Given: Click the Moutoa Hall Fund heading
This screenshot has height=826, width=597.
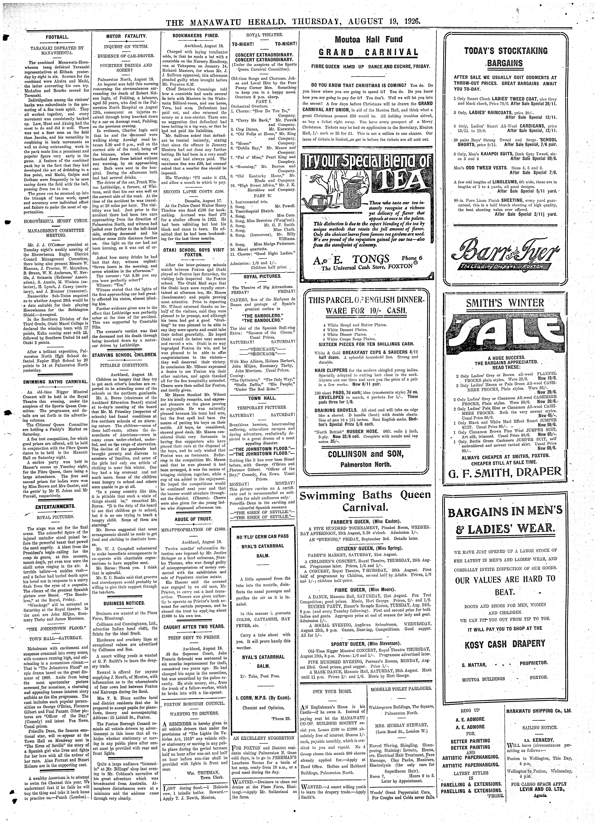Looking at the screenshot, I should pyautogui.click(x=369, y=39).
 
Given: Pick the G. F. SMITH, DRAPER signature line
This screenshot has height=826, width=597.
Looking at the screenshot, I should pyautogui.click(x=505, y=472).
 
